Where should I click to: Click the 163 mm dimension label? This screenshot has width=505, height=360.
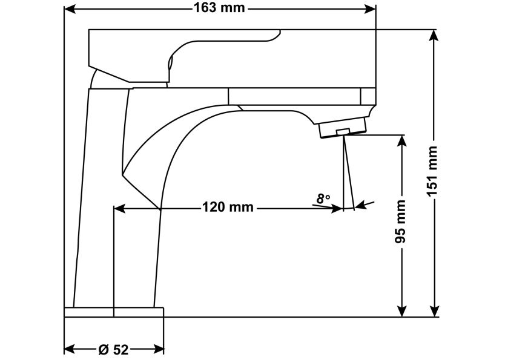(220, 8)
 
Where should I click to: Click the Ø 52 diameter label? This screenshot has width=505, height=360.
(113, 349)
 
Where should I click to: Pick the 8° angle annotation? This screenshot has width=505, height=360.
(323, 198)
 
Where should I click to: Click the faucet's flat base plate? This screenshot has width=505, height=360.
(114, 312)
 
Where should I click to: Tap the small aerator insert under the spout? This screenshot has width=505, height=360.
(343, 131)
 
